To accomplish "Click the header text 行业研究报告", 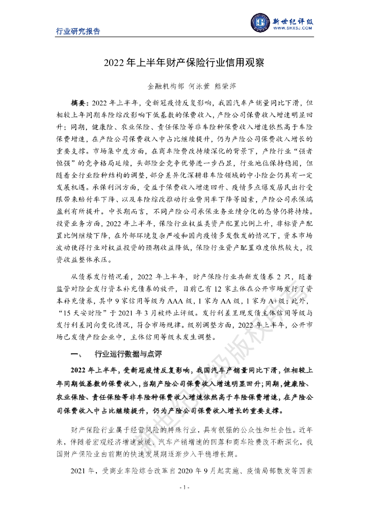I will pos(78,31).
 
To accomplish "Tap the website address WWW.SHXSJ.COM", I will pos(293,30).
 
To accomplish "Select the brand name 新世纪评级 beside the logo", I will pos(293,21).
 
